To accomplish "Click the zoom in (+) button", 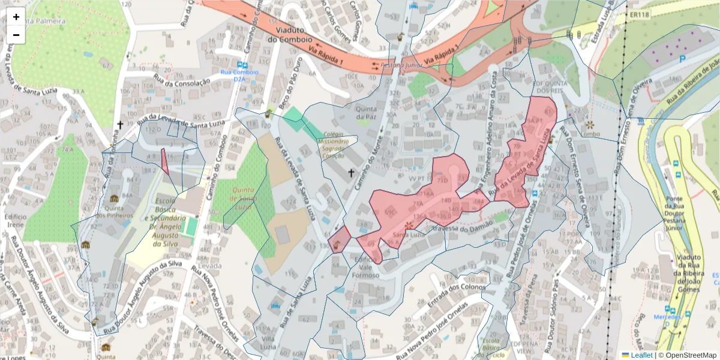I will pyautogui.click(x=16, y=17).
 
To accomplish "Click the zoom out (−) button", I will pyautogui.click(x=16, y=35).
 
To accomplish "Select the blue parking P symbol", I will pyautogui.click(x=682, y=59).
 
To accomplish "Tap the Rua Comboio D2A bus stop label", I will pyautogui.click(x=241, y=75).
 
